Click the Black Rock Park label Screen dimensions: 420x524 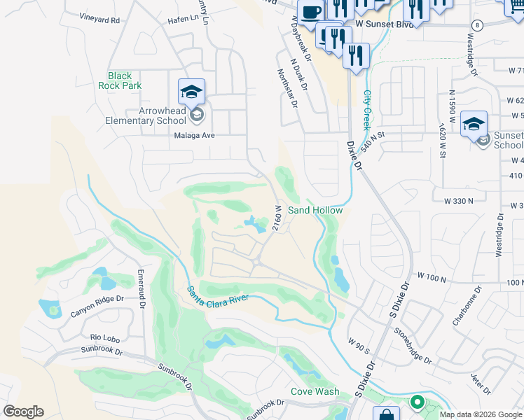[x=125, y=80]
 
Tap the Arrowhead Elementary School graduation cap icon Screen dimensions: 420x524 [x=191, y=92]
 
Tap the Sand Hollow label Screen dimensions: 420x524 [x=315, y=210]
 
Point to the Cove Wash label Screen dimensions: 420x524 [x=315, y=392]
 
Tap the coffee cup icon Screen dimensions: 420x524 [x=310, y=12]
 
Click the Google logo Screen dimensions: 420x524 [x=23, y=412]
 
